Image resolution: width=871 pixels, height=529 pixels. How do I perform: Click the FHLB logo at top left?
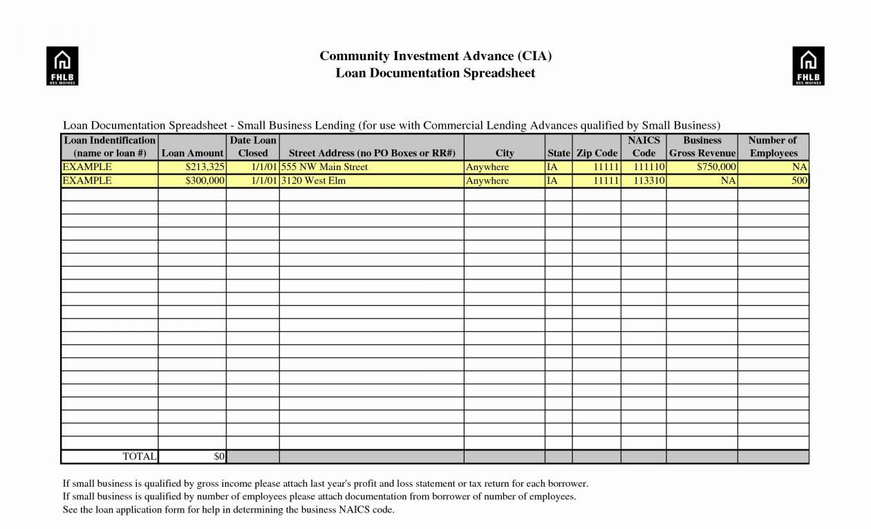click(x=62, y=66)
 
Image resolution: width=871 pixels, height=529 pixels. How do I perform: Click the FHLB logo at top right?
click(x=808, y=66)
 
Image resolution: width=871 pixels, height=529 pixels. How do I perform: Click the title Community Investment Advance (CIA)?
click(x=435, y=56)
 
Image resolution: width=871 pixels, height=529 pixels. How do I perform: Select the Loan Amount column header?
click(x=192, y=153)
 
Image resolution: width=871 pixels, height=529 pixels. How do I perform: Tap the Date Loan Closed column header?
click(x=253, y=147)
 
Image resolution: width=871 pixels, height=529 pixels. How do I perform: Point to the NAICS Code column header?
click(x=644, y=147)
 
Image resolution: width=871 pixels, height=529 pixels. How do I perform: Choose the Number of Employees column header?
click(x=773, y=147)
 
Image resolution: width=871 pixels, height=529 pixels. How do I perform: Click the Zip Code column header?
click(x=597, y=153)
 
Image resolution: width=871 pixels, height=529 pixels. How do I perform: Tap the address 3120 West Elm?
click(x=313, y=180)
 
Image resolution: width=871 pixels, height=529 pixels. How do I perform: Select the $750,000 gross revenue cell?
click(x=716, y=167)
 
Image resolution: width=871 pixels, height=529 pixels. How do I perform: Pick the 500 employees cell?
click(x=800, y=180)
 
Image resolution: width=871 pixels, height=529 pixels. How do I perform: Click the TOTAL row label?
click(x=140, y=456)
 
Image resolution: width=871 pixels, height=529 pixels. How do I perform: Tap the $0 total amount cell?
click(x=219, y=456)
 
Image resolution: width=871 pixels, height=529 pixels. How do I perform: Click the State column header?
click(x=559, y=153)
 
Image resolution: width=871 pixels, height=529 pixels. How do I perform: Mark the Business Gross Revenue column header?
click(x=702, y=147)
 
